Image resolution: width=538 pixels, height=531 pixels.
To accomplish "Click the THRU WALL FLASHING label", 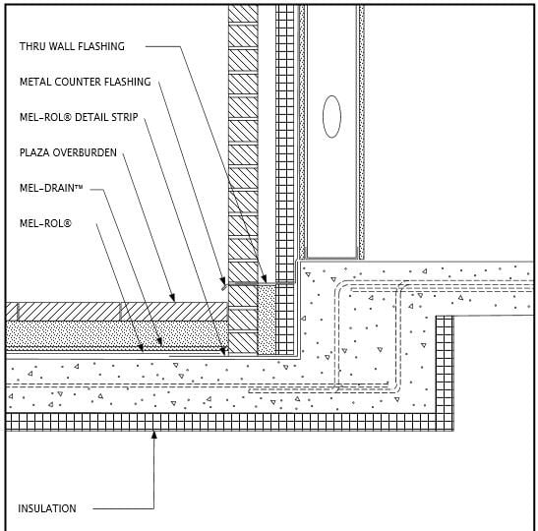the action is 72,46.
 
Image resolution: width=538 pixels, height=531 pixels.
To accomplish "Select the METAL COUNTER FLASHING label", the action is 86,82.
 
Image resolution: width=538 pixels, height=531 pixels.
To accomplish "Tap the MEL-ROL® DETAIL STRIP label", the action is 79,117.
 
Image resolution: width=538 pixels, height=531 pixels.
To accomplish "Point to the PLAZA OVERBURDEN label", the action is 68,152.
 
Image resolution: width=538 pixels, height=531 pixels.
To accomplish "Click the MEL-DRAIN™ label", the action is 51,188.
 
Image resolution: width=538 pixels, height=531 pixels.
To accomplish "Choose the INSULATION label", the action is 47,508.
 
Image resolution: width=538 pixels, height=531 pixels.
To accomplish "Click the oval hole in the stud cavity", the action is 331,117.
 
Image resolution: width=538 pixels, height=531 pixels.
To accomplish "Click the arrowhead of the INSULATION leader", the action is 154,435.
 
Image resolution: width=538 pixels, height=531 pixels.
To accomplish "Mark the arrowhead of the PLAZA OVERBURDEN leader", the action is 172,297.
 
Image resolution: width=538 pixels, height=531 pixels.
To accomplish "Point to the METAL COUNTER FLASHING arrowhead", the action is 223,281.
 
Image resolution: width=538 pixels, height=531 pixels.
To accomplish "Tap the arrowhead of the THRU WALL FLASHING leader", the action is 264,278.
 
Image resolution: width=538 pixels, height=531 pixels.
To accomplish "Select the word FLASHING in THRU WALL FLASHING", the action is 101,46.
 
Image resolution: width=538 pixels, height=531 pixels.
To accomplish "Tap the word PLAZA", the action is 34,152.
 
